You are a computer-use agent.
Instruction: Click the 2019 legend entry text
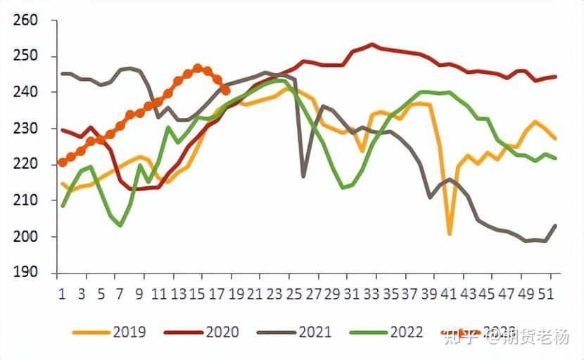pos(129,332)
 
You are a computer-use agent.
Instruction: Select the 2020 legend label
pos(222,332)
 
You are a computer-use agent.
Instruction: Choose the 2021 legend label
pos(315,332)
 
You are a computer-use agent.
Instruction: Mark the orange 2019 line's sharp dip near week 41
pos(450,233)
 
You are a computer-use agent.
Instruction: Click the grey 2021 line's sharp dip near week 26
pos(303,176)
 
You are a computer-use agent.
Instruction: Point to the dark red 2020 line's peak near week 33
pos(372,44)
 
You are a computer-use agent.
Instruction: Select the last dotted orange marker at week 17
pos(225,90)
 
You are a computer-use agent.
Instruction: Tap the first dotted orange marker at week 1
pos(62,162)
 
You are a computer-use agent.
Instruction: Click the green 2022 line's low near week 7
pos(120,225)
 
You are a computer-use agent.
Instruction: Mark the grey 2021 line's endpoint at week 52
pos(556,226)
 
